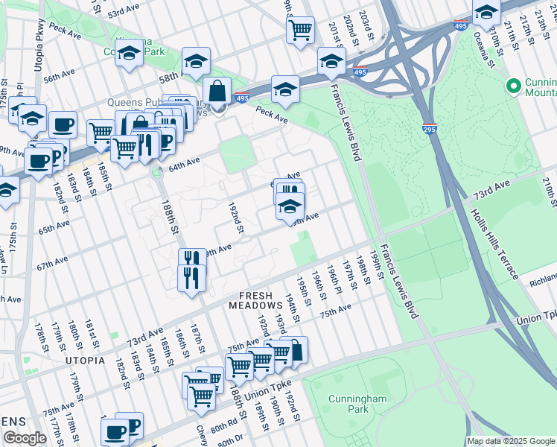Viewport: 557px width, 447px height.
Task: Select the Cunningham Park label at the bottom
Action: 357,405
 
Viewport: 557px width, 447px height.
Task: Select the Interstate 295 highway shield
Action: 429,128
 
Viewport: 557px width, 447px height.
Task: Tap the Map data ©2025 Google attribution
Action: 511,441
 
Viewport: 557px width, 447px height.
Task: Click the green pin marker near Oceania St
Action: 512,87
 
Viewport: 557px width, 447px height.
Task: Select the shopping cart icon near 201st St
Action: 300,31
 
